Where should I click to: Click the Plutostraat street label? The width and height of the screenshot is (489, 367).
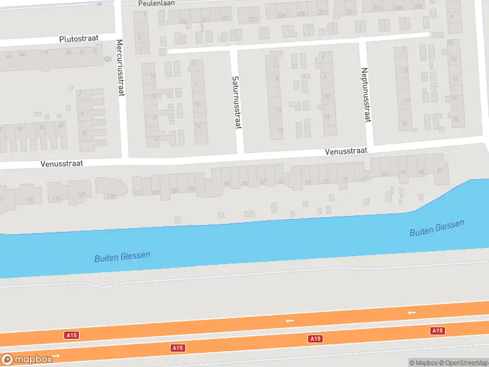(x=79, y=39)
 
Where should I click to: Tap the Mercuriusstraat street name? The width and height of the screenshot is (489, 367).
(x=120, y=68)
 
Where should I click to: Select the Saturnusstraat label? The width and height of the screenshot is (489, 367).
(x=236, y=102)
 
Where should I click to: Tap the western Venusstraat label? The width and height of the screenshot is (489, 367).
(x=62, y=164)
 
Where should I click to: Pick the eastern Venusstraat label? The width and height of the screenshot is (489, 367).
(x=346, y=150)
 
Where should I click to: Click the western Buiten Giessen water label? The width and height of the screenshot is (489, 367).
(x=122, y=257)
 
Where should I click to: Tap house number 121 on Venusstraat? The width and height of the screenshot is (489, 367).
(x=30, y=200)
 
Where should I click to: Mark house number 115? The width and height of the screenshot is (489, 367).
(x=111, y=196)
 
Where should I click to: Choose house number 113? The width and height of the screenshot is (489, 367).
(x=138, y=193)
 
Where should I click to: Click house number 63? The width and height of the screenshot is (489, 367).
(x=384, y=174)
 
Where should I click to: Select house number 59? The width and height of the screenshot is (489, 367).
(x=403, y=173)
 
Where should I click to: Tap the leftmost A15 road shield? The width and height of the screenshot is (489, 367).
(x=72, y=335)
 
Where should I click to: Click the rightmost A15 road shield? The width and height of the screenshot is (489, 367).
(x=437, y=330)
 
